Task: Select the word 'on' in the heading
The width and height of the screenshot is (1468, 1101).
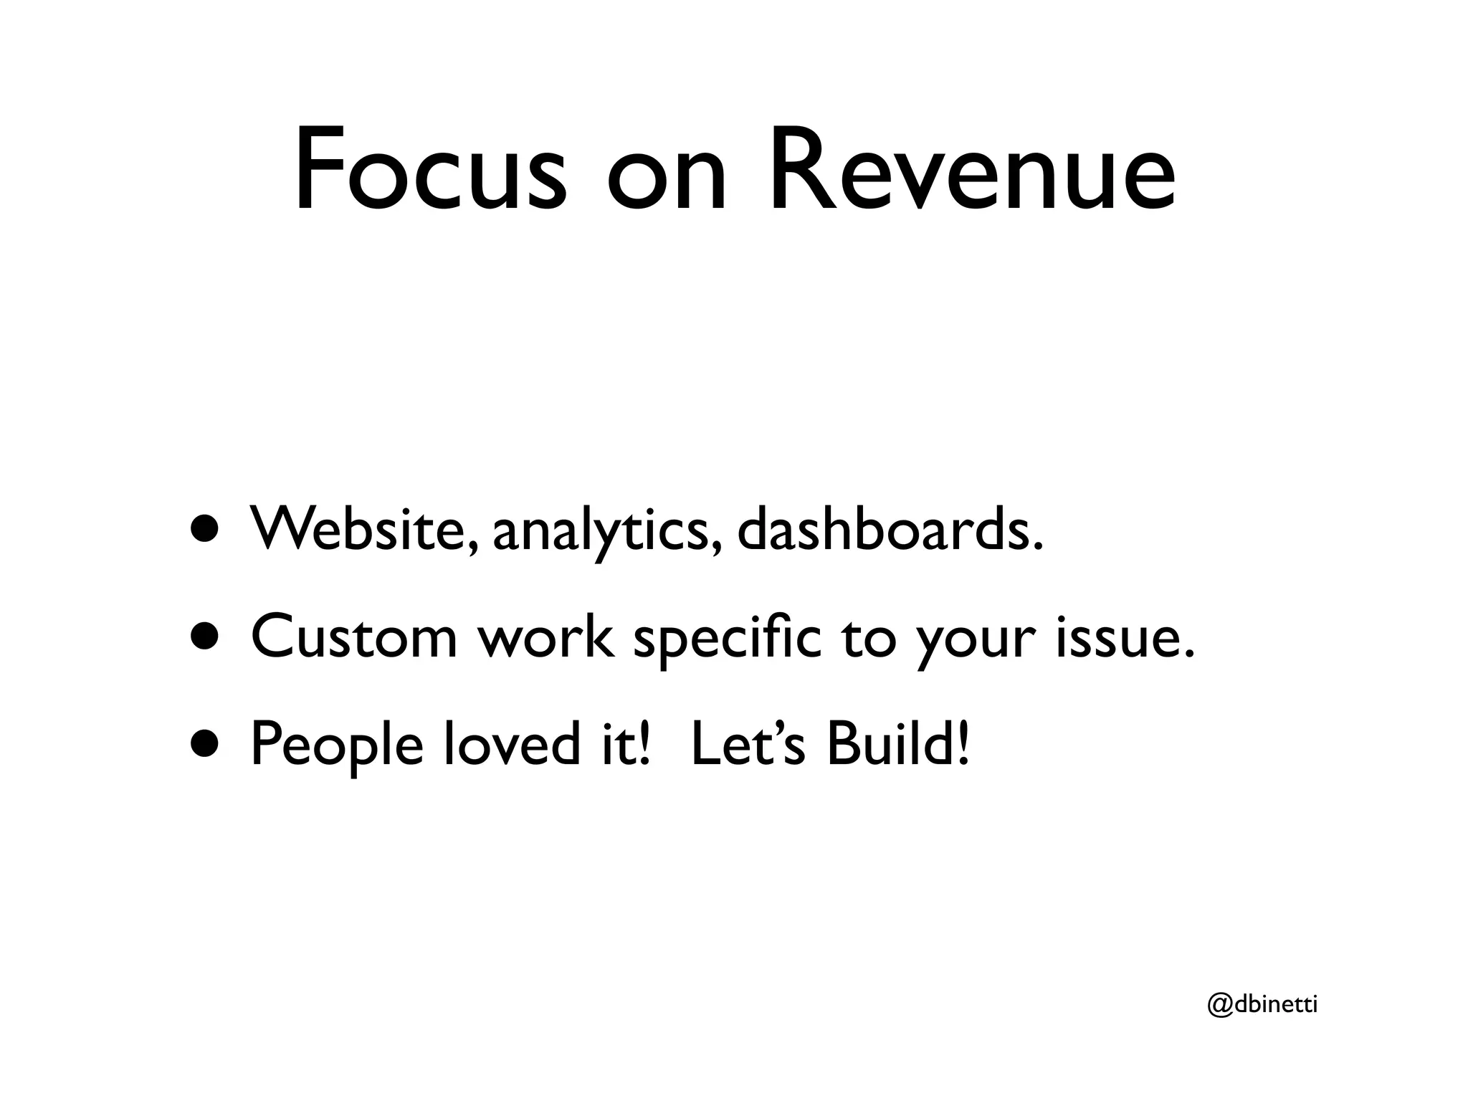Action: click(x=667, y=179)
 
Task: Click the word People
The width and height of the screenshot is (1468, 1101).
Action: click(x=337, y=745)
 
